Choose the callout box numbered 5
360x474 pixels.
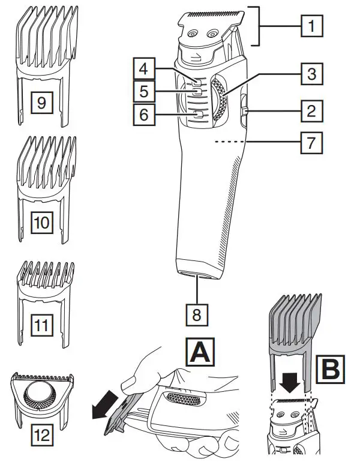click(x=142, y=92)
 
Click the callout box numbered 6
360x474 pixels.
click(x=142, y=114)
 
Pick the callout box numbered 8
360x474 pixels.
click(x=199, y=314)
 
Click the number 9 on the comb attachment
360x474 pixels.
click(x=41, y=102)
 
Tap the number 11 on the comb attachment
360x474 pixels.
click(x=41, y=326)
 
